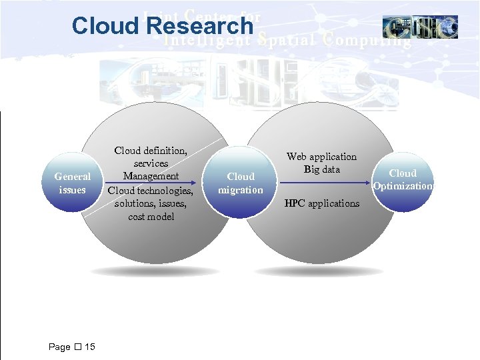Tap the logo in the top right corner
click(x=420, y=27)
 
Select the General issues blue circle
click(x=73, y=183)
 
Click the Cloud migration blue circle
click(x=241, y=183)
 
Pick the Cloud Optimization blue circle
click(x=403, y=179)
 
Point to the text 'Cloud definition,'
click(x=151, y=151)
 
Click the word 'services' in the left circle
click(x=151, y=163)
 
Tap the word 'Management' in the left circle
click(x=151, y=176)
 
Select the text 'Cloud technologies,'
click(x=151, y=190)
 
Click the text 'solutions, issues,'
click(x=151, y=203)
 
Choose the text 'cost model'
click(x=151, y=217)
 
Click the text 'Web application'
click(x=321, y=157)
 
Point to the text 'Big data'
click(x=321, y=169)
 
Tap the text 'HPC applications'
click(x=321, y=203)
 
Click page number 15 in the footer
click(x=90, y=347)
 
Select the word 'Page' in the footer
click(x=59, y=347)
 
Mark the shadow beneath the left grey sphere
click(x=155, y=272)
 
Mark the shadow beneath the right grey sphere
click(x=319, y=272)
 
